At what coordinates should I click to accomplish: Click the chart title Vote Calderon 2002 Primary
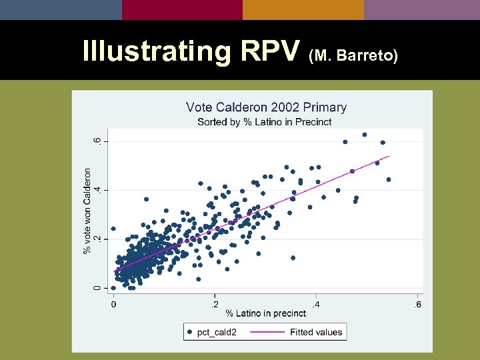tap(266, 107)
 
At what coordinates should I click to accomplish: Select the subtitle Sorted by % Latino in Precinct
tap(264, 122)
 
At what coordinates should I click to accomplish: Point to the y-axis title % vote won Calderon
tap(87, 210)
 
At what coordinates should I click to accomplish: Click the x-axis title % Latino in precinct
tap(265, 313)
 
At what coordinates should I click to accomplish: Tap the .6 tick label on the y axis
tap(97, 141)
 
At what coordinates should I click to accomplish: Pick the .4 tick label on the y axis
tap(97, 190)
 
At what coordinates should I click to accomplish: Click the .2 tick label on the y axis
tap(97, 239)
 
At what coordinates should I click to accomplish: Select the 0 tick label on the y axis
tap(97, 288)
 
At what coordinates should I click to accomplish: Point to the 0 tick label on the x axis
tap(113, 305)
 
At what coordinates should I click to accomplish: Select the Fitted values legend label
tap(316, 332)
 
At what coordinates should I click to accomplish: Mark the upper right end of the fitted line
tap(389, 157)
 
